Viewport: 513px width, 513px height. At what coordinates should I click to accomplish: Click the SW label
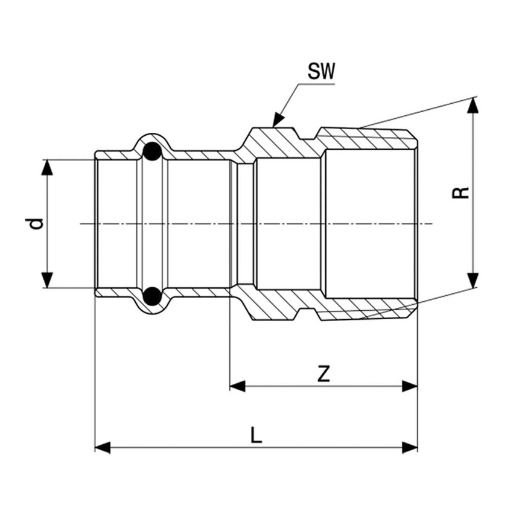coord(321,71)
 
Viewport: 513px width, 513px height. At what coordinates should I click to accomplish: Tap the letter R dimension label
coord(460,193)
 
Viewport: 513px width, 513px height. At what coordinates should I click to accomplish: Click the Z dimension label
coord(323,374)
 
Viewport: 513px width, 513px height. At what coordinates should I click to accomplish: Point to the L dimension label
coord(256,435)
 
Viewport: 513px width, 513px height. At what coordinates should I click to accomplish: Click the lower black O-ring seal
coord(152,296)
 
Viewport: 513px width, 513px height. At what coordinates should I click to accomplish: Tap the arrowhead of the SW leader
coord(278,119)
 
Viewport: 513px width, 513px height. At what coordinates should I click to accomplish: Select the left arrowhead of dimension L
coord(103,448)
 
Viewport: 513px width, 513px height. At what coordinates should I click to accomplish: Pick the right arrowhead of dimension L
coord(410,448)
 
